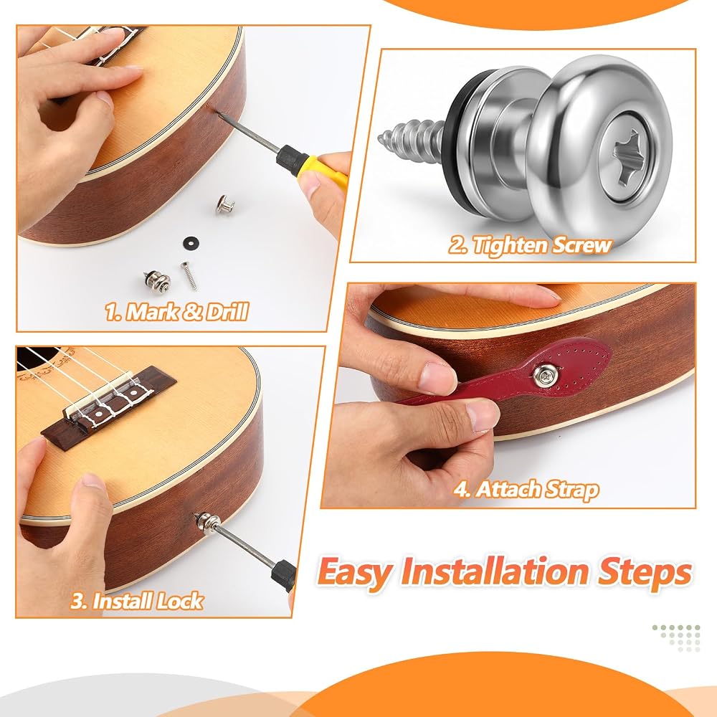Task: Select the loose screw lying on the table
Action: (189, 276)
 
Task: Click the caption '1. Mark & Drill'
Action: (176, 312)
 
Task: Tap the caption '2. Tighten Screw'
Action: (530, 245)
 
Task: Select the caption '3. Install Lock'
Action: (136, 600)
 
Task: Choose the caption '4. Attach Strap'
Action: (526, 489)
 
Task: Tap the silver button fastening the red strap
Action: (545, 375)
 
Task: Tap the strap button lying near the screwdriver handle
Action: (224, 204)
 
